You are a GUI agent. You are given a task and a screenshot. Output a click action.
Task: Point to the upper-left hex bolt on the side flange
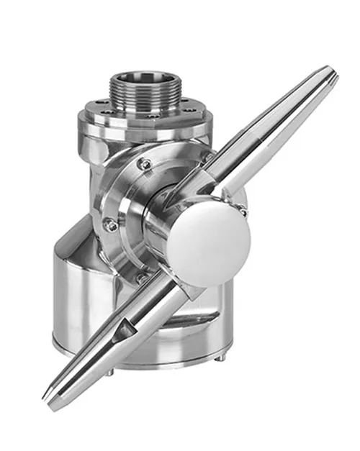145,165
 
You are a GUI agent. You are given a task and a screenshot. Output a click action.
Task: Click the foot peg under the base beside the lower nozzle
108,372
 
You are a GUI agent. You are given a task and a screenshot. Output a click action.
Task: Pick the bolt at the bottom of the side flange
142,278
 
